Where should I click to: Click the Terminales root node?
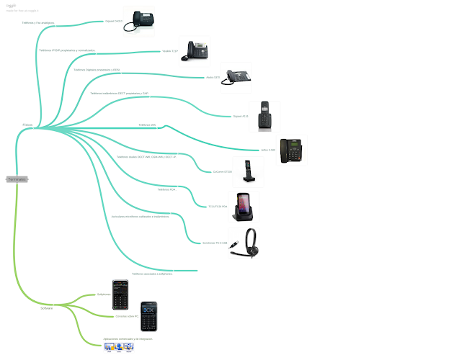(17, 179)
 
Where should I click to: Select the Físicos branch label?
(27, 125)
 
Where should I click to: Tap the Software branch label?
(46, 307)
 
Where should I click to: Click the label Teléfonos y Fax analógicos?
(38, 22)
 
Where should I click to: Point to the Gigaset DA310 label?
(115, 22)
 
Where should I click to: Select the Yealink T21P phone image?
(197, 50)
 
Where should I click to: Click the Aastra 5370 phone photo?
(236, 77)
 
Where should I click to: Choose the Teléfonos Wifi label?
(147, 125)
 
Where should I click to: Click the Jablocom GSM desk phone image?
(293, 150)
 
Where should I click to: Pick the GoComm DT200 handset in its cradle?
(248, 173)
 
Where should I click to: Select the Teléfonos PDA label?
(167, 189)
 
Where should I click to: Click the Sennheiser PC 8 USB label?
(214, 243)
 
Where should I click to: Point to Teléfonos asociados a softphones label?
(152, 274)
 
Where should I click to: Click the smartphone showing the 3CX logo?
(148, 316)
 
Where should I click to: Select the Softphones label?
(104, 294)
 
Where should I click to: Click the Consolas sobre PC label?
(127, 315)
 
